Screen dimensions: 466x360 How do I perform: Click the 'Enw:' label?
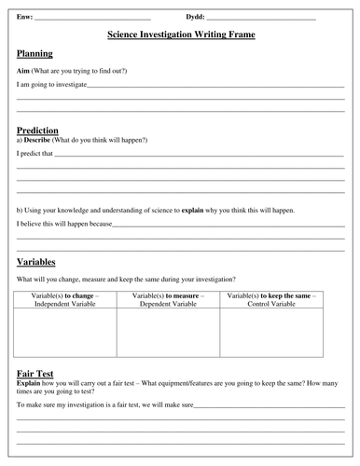pyautogui.click(x=24, y=17)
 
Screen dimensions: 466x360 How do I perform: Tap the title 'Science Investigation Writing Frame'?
pyautogui.click(x=181, y=34)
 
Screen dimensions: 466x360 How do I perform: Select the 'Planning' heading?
pyautogui.click(x=35, y=54)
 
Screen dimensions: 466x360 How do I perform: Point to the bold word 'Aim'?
pyautogui.click(x=23, y=71)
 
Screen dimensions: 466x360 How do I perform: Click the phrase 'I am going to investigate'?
pyautogui.click(x=51, y=85)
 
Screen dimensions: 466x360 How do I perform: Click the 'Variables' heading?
pyautogui.click(x=36, y=262)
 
